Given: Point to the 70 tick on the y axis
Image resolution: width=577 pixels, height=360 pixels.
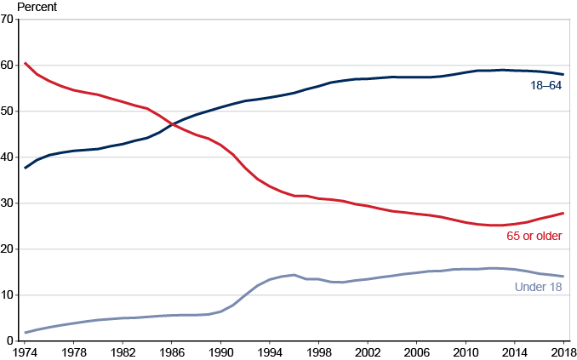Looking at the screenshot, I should tap(7, 20).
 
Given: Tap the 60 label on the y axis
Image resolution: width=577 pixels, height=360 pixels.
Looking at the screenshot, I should tap(7, 66).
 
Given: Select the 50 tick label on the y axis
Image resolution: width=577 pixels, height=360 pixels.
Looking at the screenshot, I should tap(7, 111).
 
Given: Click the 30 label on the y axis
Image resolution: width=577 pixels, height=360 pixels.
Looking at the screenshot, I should tap(7, 203).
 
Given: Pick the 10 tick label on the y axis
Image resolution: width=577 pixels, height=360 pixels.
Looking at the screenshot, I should tap(7, 295).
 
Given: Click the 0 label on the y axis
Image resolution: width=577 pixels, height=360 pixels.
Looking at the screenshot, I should tap(9, 341).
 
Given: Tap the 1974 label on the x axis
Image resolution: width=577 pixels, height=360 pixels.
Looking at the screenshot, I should tap(26, 351).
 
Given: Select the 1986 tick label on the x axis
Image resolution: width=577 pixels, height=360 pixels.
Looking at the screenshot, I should tap(172, 351).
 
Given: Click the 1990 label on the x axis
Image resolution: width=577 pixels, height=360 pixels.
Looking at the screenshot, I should tap(221, 351).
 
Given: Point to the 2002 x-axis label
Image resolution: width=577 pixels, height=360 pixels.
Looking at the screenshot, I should tap(368, 351).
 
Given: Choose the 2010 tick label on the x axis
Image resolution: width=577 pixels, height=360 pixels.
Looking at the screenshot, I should tap(466, 351).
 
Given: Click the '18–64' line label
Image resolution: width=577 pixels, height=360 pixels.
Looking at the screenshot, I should tap(546, 86).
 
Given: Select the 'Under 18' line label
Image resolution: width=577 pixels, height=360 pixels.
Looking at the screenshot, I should tap(539, 288).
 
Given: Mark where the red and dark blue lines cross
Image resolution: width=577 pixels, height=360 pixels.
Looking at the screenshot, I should tap(172, 125).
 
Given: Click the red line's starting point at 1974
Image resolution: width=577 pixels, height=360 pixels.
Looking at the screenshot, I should tap(26, 63).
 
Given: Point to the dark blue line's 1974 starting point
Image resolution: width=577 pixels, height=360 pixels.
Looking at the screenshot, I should tap(26, 168).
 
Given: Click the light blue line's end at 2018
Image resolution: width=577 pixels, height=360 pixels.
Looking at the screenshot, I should tap(563, 277).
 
